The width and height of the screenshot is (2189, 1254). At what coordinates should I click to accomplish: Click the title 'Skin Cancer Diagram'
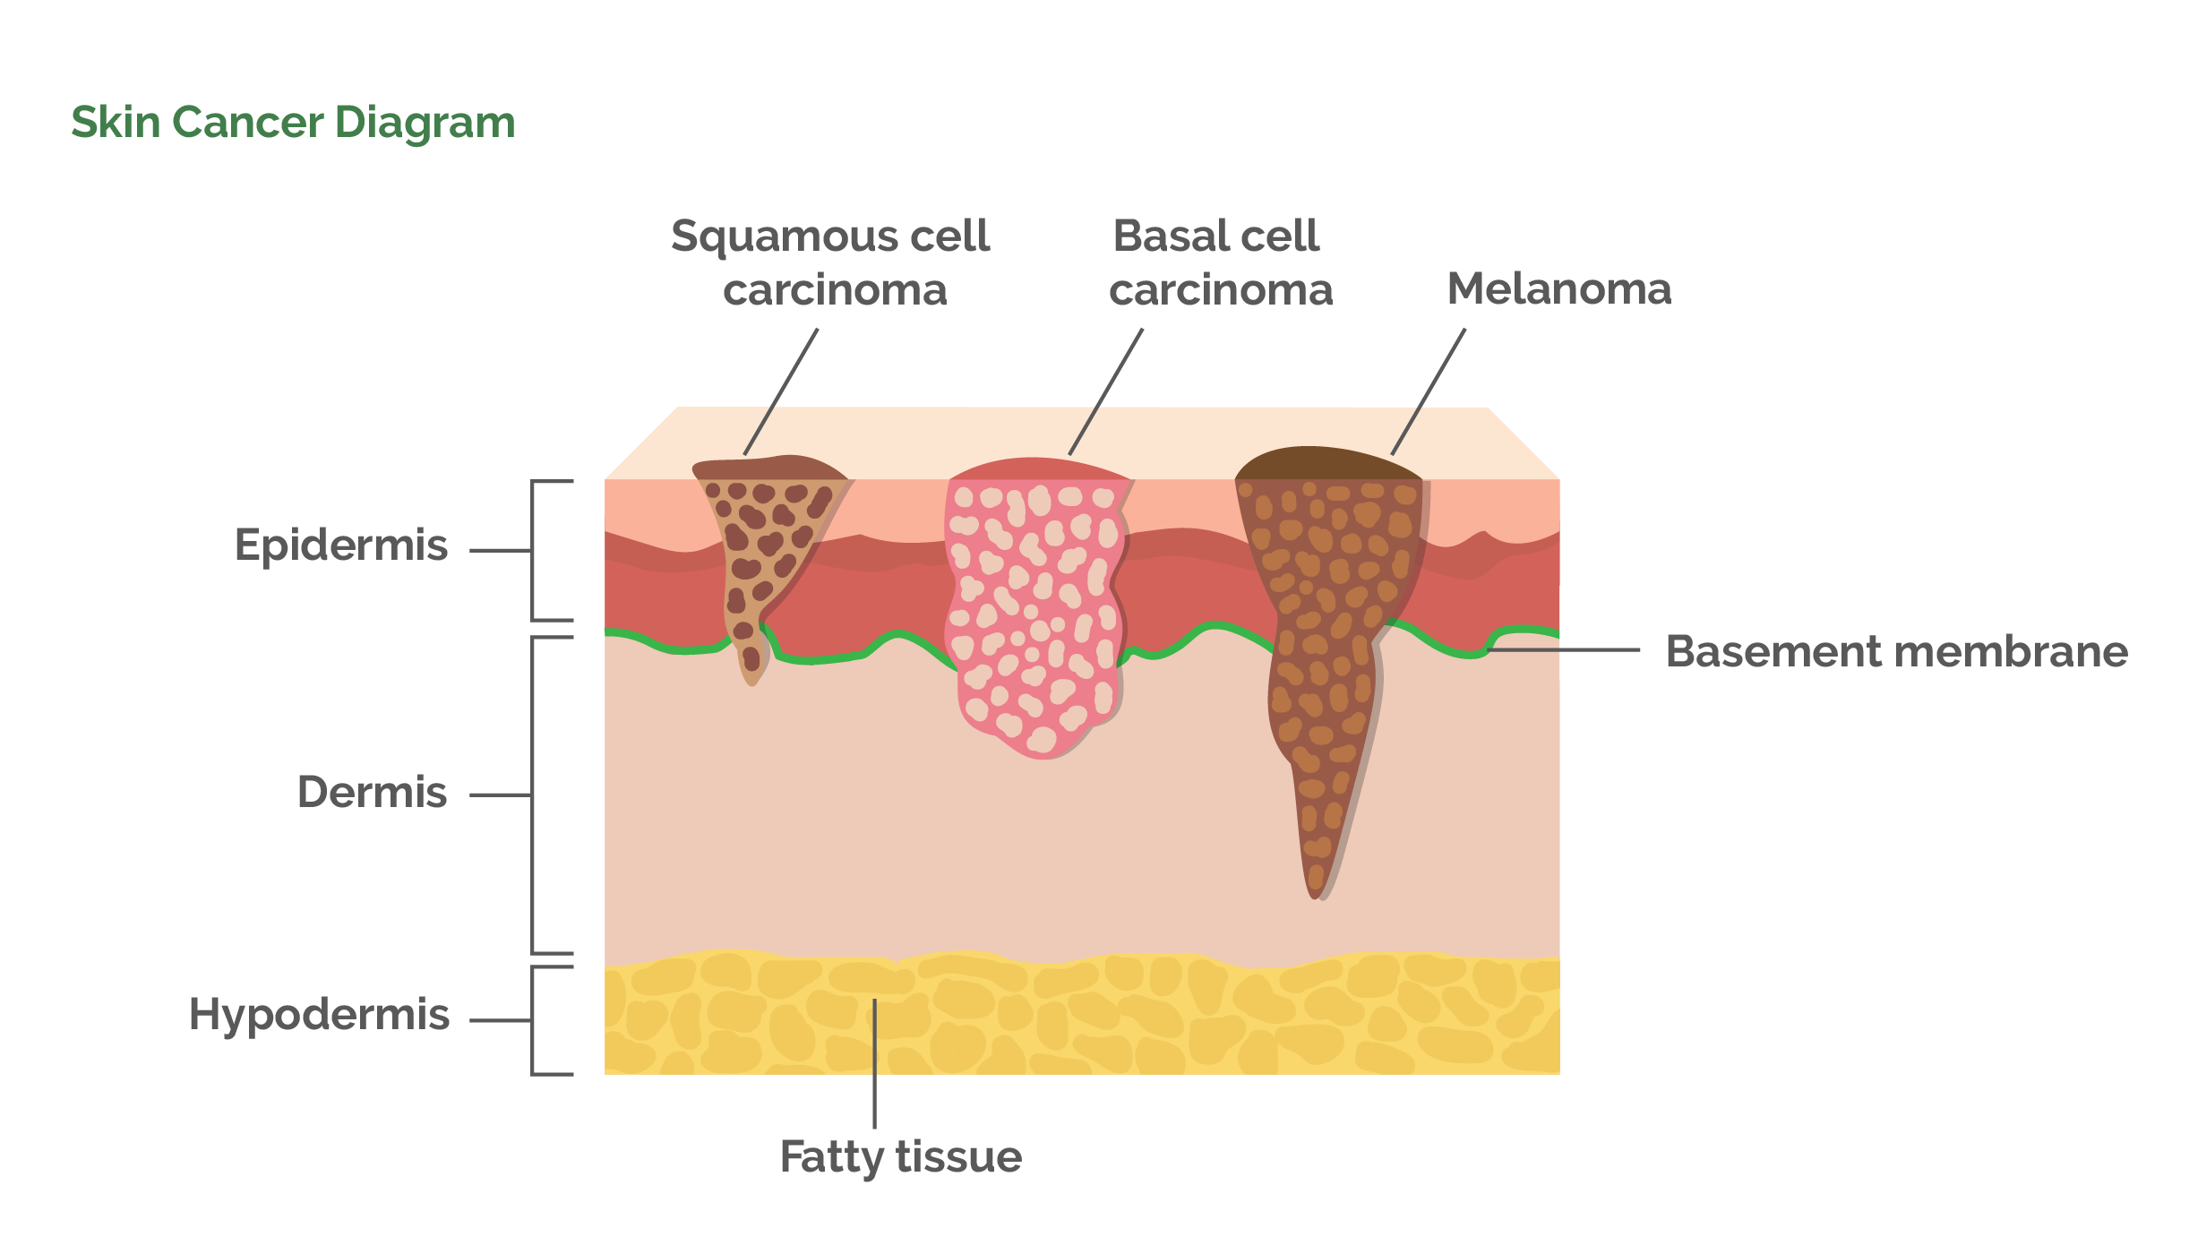(293, 123)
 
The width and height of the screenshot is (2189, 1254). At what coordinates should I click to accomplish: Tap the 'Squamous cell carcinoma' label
(831, 262)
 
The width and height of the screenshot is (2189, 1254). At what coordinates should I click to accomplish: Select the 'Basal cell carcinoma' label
(1219, 262)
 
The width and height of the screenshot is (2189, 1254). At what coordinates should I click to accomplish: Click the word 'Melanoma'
(1558, 289)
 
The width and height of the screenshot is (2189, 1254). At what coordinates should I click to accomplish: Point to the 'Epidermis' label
(340, 545)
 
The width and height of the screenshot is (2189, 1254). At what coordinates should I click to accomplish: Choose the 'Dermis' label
(372, 793)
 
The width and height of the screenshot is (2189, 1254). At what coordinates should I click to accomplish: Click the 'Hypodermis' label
(319, 1015)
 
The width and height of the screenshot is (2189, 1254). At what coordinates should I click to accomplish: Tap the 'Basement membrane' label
(1896, 652)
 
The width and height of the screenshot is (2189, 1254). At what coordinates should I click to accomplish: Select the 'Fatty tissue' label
(900, 1157)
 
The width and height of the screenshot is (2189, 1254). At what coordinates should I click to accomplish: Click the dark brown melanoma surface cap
(1326, 464)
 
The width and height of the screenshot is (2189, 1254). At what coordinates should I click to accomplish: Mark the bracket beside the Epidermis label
(535, 551)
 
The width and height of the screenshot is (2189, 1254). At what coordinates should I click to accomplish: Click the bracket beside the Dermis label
(535, 795)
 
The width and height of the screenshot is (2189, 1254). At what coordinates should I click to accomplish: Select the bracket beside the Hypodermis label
(535, 1020)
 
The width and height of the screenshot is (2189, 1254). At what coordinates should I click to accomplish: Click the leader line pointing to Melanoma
(1428, 392)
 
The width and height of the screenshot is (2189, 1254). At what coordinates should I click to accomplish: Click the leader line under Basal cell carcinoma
(1105, 392)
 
